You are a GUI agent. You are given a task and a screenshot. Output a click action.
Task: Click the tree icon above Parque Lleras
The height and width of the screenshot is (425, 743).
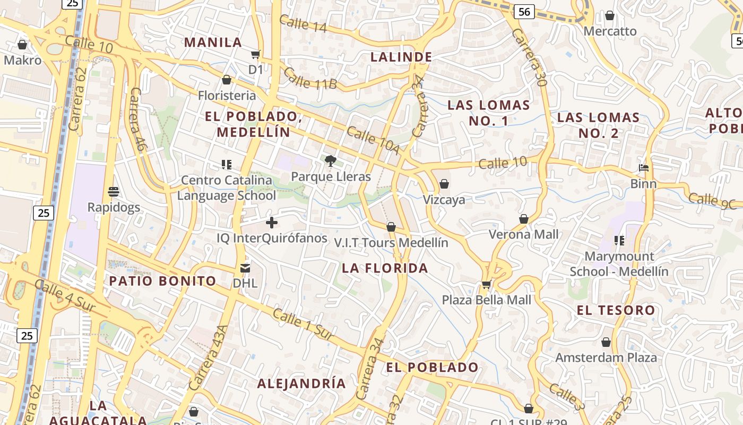click(x=331, y=160)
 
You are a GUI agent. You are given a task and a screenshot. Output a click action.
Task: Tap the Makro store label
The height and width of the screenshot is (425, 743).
click(x=22, y=61)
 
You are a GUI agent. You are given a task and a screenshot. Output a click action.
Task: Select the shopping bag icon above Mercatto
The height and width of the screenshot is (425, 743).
click(x=610, y=16)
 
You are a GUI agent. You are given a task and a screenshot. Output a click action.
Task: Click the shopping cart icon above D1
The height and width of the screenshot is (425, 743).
click(x=256, y=54)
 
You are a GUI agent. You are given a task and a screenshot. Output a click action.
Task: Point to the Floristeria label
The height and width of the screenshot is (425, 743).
click(x=227, y=96)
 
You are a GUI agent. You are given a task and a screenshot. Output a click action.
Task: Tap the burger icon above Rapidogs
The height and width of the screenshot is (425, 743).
click(x=113, y=191)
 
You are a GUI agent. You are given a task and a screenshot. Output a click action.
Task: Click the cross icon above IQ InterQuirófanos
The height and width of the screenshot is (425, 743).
click(x=272, y=223)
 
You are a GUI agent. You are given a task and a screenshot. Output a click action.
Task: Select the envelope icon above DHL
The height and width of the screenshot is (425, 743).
click(x=245, y=268)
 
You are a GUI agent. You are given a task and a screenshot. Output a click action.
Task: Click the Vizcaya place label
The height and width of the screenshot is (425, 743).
click(x=444, y=200)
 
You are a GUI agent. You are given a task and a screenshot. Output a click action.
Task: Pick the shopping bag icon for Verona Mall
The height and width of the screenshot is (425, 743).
click(x=524, y=219)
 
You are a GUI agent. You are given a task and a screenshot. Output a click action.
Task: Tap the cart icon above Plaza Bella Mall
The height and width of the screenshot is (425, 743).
click(x=486, y=285)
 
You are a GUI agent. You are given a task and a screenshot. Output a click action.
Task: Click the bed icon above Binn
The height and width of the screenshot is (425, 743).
click(x=644, y=168)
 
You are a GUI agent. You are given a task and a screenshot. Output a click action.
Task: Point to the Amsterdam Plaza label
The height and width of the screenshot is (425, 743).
click(x=606, y=358)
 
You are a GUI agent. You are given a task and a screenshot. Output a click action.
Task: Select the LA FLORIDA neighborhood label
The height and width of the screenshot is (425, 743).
click(x=385, y=268)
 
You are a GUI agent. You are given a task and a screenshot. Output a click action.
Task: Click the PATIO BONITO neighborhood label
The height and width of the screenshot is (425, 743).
click(x=162, y=281)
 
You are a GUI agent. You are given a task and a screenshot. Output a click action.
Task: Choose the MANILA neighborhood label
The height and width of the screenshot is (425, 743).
click(x=213, y=42)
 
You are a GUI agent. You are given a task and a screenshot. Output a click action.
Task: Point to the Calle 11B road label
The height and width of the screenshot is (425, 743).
click(x=310, y=78)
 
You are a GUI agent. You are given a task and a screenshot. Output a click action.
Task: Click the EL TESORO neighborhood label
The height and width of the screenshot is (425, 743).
click(x=616, y=310)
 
